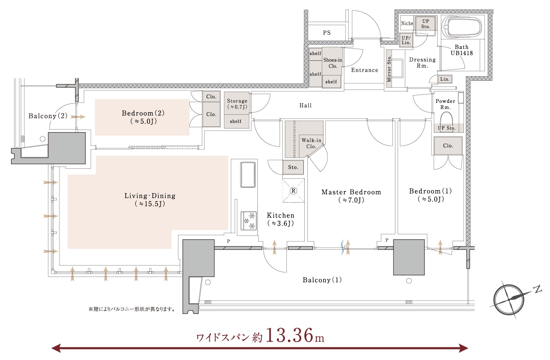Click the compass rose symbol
pos(509,299)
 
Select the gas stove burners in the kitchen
pos(249,221)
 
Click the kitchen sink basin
pos(248,174)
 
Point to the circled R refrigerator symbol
pos(293,190)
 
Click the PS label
pos(327,33)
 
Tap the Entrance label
pos(365,70)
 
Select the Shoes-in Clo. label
pos(333,63)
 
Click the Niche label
pos(407,23)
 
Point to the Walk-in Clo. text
pos(311,143)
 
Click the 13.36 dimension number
pos(289,335)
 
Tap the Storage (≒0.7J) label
pos(237,104)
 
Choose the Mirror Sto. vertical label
pos(389,69)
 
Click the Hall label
pos(305,106)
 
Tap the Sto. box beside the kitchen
pos(293,167)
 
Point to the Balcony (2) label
pos(48,116)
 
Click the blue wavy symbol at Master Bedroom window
pos(342,247)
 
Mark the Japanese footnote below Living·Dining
pos(132,309)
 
